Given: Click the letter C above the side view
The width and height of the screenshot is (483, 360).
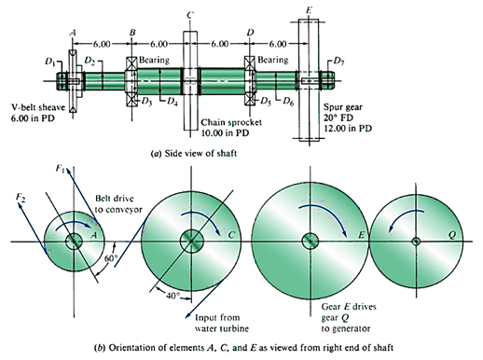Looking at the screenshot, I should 189,15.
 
